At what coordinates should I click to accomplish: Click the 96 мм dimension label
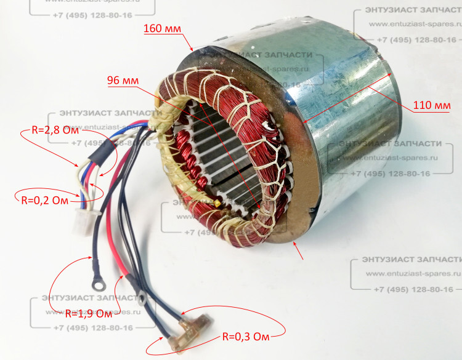click(x=123, y=81)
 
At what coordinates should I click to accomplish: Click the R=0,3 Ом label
click(x=246, y=337)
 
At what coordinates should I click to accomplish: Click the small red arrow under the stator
click(x=299, y=250)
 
